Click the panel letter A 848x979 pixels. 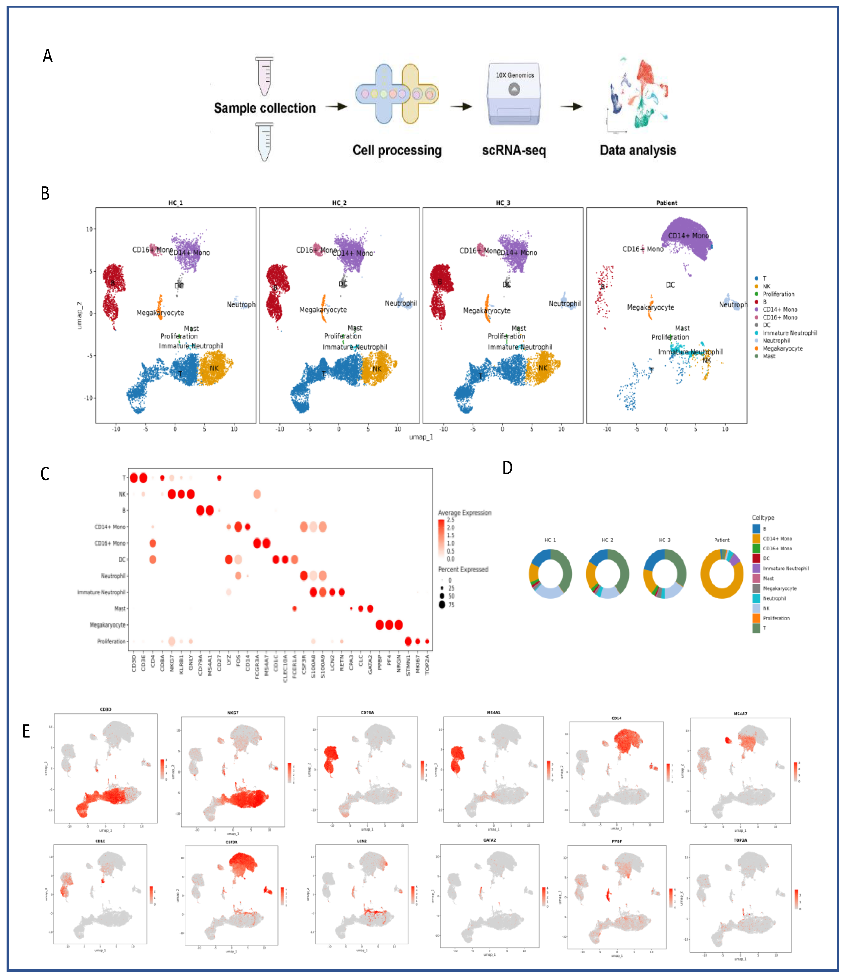47,56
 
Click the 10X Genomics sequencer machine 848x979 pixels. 514,95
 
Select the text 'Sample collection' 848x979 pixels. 264,108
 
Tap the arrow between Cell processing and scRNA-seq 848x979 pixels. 461,107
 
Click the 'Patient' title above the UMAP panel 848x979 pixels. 666,203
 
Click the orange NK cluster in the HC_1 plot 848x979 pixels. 215,368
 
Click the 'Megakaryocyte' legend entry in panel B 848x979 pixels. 782,348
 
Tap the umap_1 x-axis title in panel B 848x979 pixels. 421,437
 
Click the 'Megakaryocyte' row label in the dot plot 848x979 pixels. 108,625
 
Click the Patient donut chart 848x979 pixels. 722,574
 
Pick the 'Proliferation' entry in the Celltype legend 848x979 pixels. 776,618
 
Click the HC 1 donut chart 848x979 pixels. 550,574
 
